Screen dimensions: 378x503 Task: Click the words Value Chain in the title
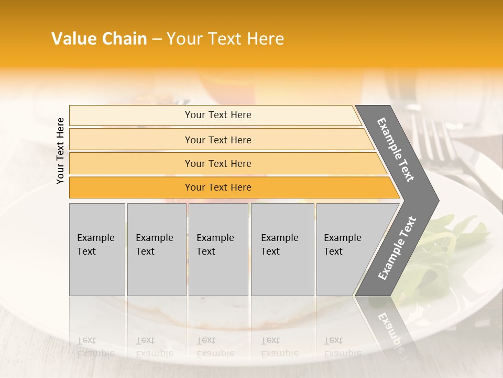pos(99,39)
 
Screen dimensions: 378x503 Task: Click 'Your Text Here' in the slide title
pos(225,39)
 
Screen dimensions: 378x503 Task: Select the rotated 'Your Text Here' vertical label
pos(60,151)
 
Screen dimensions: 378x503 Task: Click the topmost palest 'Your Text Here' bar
pos(217,115)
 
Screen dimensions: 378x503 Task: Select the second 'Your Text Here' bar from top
pos(217,140)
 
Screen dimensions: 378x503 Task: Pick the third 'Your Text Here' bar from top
pos(217,163)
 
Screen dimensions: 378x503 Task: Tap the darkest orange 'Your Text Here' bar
pos(217,187)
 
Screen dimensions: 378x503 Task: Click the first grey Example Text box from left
pos(97,249)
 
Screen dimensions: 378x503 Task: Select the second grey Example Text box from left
pos(156,249)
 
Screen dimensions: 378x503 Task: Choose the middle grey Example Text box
pos(217,249)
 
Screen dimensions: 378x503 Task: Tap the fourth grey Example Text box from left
pos(282,249)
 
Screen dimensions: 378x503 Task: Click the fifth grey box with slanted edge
pos(346,249)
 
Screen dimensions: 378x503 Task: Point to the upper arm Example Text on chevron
pos(396,149)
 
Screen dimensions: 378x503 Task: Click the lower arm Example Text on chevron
pos(397,248)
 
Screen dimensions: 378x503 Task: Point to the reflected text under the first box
pos(96,347)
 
